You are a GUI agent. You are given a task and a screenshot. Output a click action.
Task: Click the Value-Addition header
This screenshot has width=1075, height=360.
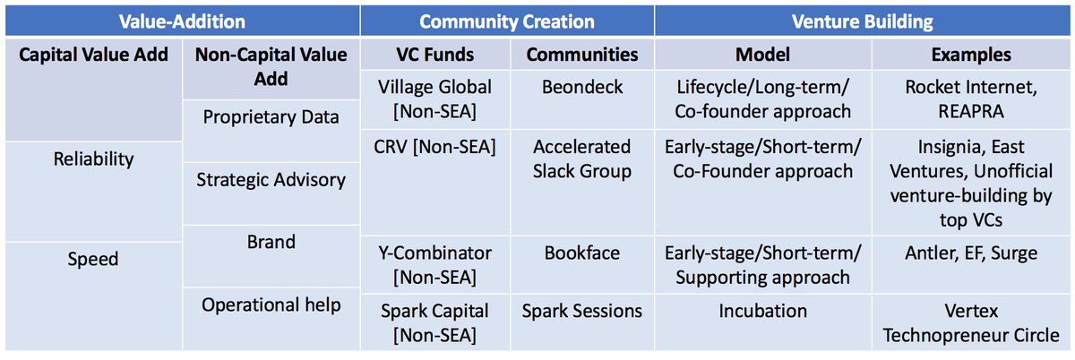182,21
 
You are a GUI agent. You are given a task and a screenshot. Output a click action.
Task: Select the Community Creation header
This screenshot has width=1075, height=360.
507,21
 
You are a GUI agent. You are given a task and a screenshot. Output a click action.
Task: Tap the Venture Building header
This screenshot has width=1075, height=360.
862,21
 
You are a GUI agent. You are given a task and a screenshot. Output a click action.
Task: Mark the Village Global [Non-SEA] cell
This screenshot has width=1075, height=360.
434,99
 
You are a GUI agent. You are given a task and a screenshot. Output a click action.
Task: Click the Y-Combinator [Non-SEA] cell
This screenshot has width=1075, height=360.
434,265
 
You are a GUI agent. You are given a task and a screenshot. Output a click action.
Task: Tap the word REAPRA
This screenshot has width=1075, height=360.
971,111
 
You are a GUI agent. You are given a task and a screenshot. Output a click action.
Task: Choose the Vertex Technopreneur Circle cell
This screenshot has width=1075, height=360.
971,323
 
